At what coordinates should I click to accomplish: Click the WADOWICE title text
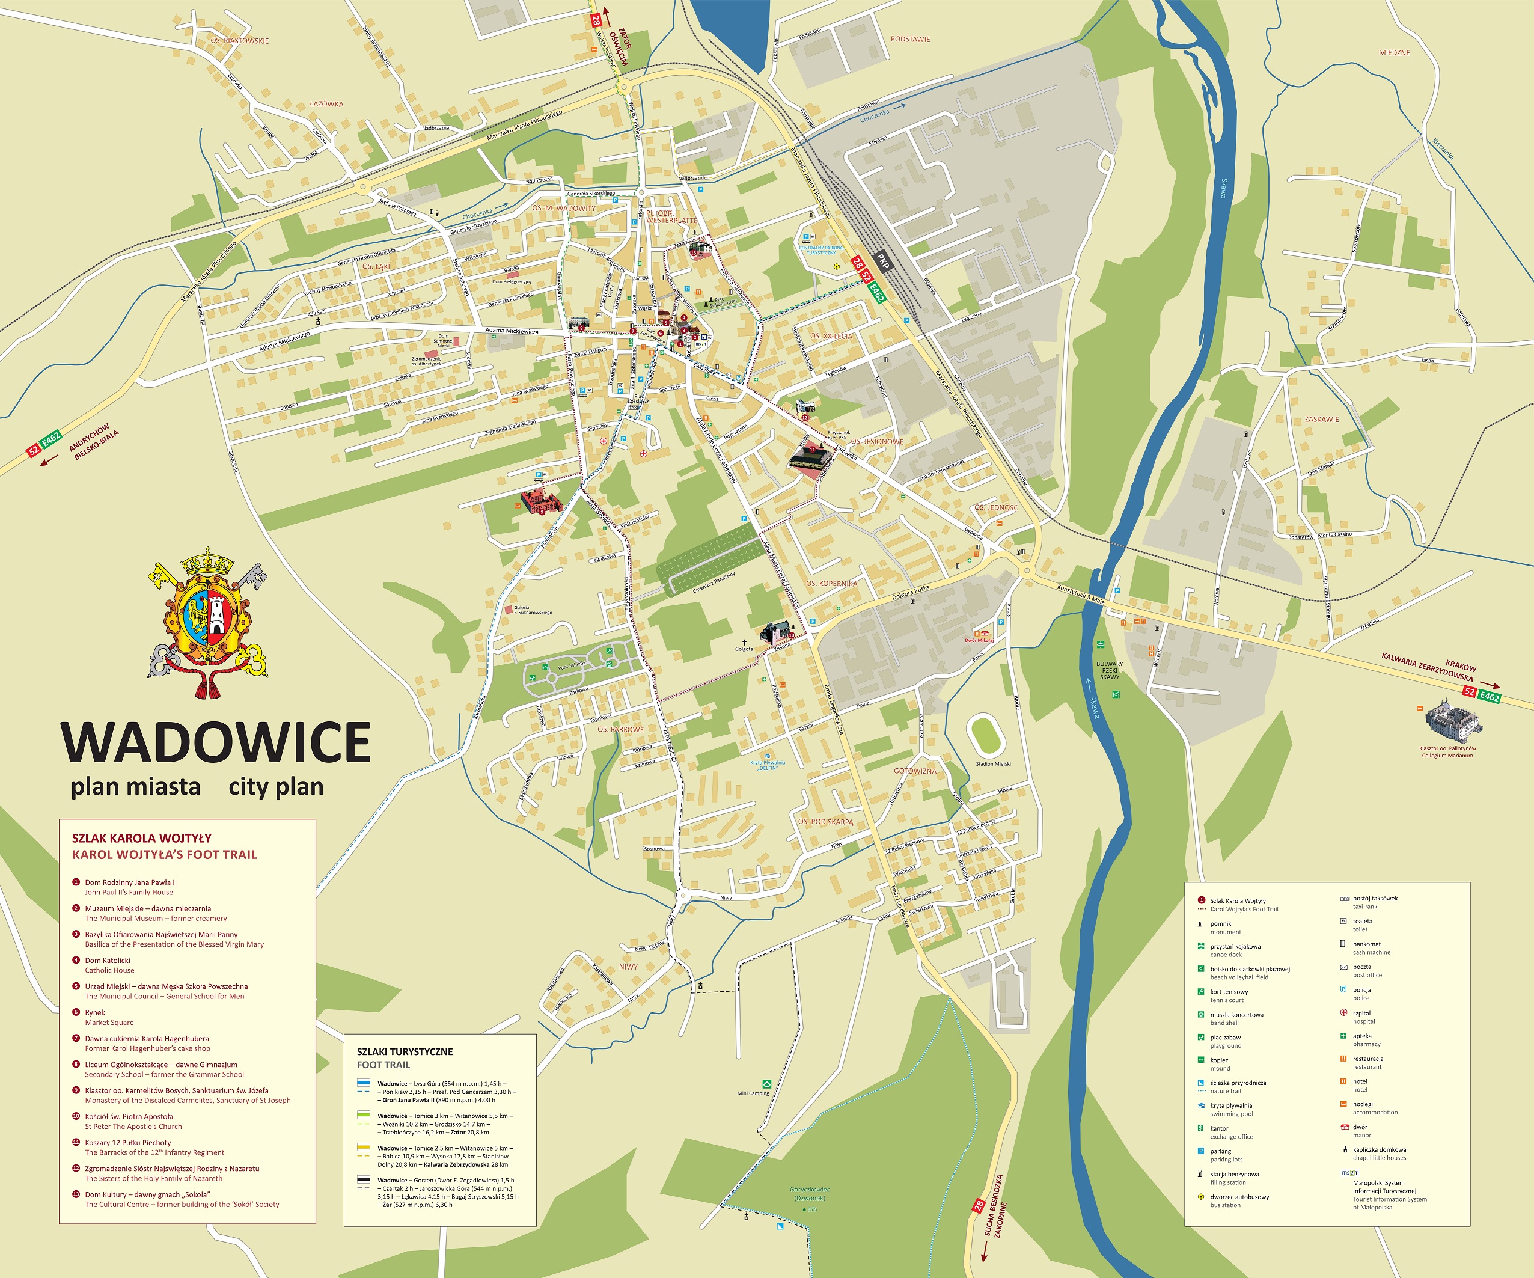tap(216, 742)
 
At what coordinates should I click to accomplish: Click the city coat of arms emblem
tap(208, 621)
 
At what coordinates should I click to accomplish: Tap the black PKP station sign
tap(882, 261)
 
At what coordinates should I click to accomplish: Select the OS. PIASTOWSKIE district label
tap(240, 41)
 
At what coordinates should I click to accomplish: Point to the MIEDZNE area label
tap(1394, 53)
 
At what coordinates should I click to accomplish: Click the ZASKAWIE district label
tap(1321, 420)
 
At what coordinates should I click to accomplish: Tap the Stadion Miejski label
tap(993, 763)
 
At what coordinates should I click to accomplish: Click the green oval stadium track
tap(985, 735)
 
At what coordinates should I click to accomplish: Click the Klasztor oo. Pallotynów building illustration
tap(1453, 718)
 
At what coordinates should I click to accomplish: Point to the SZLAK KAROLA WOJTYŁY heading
tap(141, 838)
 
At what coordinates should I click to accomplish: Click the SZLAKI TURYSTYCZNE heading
tap(404, 1051)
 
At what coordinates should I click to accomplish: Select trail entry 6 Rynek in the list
tap(95, 1017)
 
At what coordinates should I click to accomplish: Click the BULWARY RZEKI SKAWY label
tap(1109, 670)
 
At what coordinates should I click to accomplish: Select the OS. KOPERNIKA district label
tap(831, 584)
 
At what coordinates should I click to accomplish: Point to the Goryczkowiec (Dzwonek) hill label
tap(809, 1193)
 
